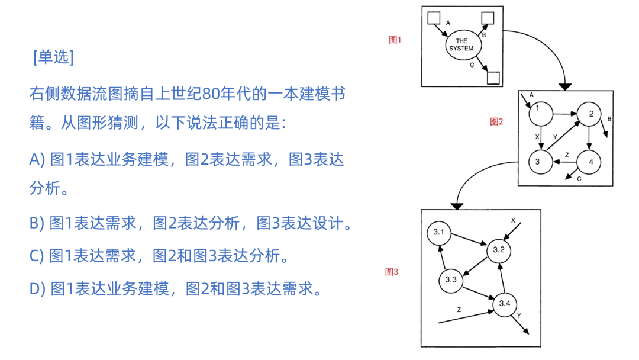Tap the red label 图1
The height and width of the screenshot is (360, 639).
[x=395, y=40]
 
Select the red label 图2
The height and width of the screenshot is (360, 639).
[x=496, y=121]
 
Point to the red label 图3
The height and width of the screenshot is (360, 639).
[x=392, y=272]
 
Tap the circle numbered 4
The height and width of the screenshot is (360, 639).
[x=589, y=162]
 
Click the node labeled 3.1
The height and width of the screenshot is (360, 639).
[x=438, y=232]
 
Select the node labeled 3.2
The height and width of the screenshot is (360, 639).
[x=498, y=250]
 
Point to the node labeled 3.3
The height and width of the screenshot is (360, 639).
[x=451, y=279]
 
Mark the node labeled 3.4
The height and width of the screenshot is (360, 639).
[x=504, y=304]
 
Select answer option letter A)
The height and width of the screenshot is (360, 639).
[x=37, y=160]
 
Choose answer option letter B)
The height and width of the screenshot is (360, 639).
[x=37, y=223]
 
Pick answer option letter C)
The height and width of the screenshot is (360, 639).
[x=37, y=256]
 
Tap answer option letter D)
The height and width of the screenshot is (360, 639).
[x=37, y=288]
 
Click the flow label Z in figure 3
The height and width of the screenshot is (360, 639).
[x=459, y=310]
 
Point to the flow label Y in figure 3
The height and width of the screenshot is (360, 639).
[x=519, y=316]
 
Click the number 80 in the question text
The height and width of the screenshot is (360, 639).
[x=211, y=94]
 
